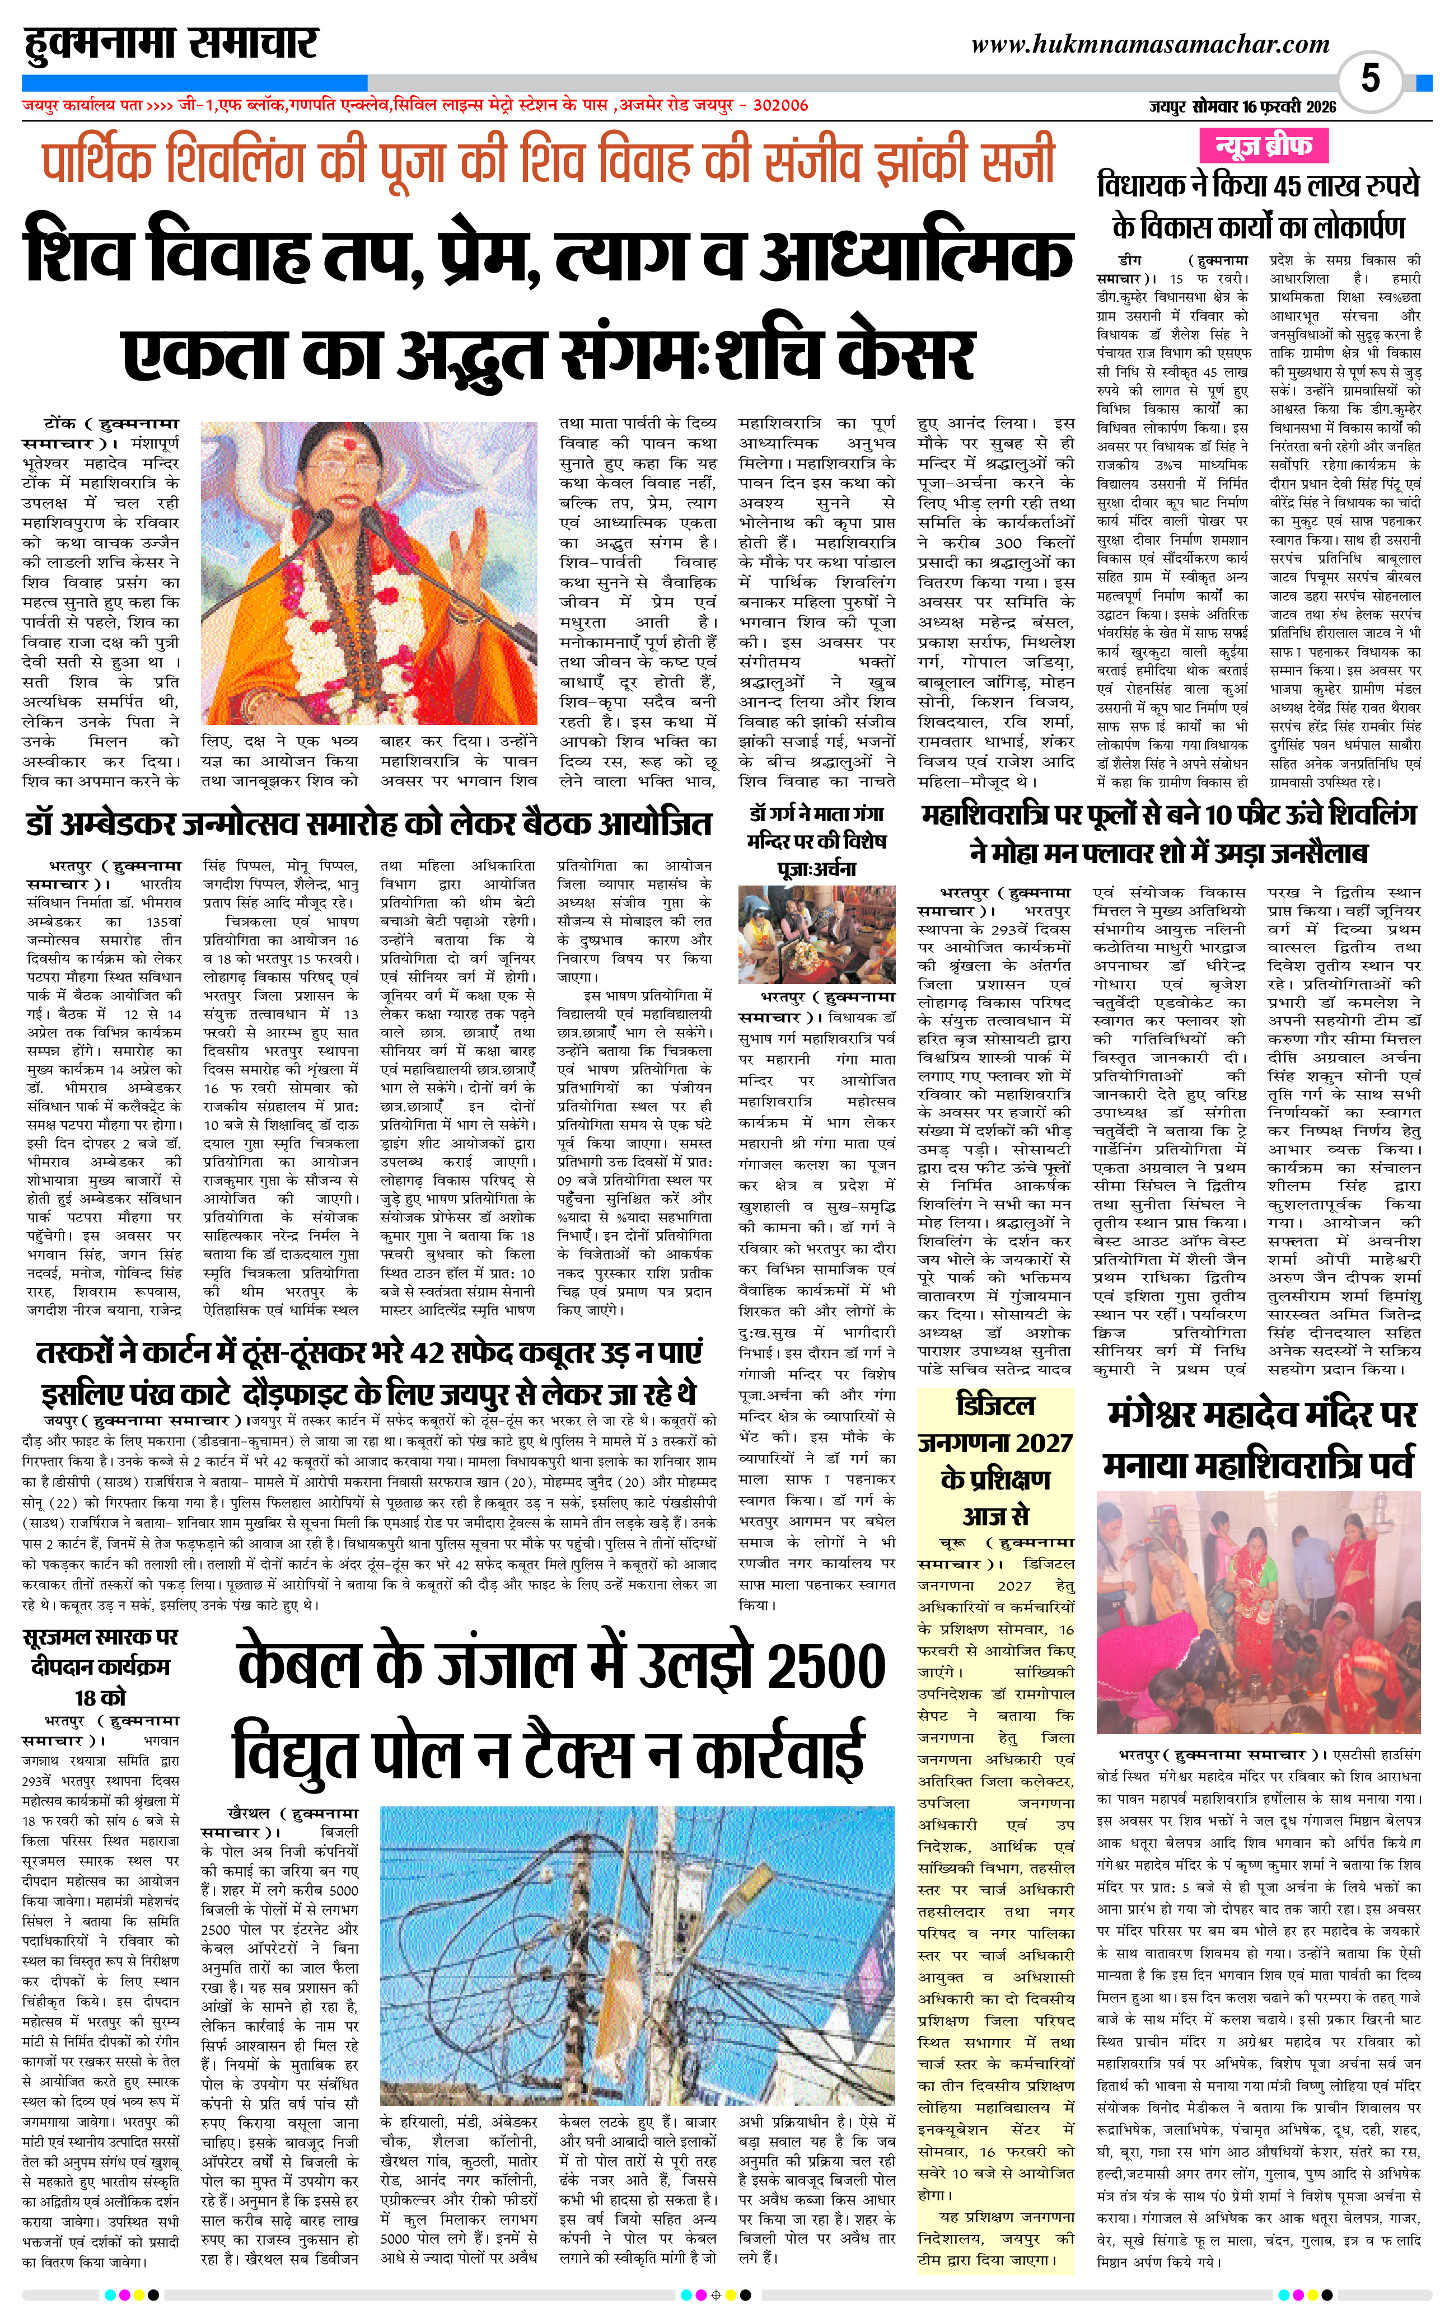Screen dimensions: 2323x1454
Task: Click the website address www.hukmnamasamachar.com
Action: [x=1150, y=44]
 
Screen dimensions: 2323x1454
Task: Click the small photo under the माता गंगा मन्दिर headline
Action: [x=816, y=935]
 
